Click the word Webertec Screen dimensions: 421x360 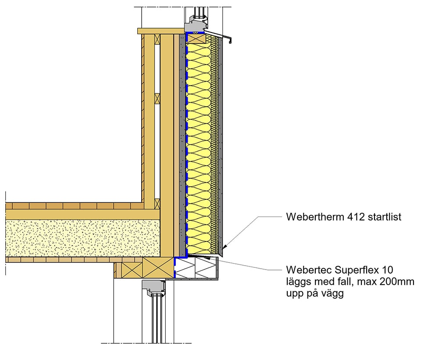[309, 270]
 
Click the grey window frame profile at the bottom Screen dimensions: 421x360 [153, 288]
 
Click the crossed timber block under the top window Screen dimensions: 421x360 [196, 38]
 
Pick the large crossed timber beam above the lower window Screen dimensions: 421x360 [157, 267]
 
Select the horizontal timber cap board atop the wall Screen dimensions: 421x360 [161, 31]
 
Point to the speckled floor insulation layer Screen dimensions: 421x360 [83, 238]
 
